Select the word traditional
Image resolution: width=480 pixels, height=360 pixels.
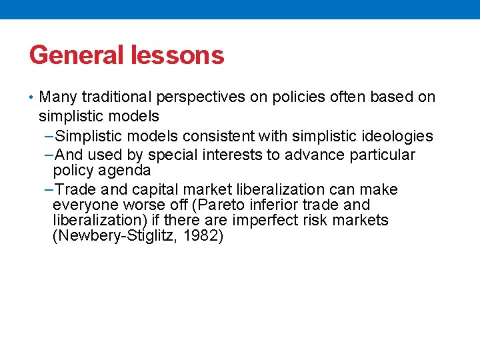point(117,97)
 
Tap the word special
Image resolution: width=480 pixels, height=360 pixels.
point(173,155)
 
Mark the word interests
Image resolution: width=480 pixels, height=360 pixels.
point(229,155)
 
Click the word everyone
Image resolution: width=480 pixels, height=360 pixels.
point(83,205)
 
